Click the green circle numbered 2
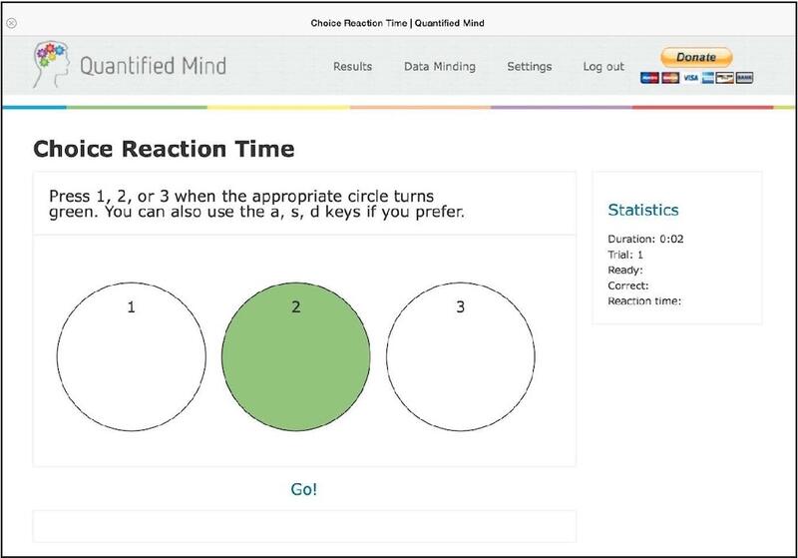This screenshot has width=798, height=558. [x=295, y=357]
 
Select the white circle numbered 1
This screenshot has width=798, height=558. [x=132, y=357]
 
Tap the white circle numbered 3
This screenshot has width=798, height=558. [x=461, y=357]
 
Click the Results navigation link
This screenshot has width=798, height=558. [x=353, y=66]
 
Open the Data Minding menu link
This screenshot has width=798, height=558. [x=440, y=67]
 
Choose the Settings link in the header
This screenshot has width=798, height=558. [x=530, y=67]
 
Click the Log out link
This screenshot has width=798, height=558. [x=603, y=67]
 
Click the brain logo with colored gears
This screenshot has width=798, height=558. [x=51, y=64]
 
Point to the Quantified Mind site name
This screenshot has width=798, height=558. [x=154, y=66]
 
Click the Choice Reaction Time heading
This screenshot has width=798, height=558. [x=164, y=149]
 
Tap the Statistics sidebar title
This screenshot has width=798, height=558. [x=643, y=210]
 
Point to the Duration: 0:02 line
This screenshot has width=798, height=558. [x=645, y=239]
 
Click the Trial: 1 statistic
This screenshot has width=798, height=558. [x=625, y=255]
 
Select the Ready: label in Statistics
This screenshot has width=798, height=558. [x=625, y=271]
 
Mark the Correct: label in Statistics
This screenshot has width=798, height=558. [x=628, y=285]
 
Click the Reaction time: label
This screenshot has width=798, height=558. [x=644, y=300]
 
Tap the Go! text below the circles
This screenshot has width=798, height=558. [x=304, y=489]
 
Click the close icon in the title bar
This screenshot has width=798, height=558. [x=12, y=23]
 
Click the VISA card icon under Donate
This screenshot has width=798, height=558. [x=690, y=78]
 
